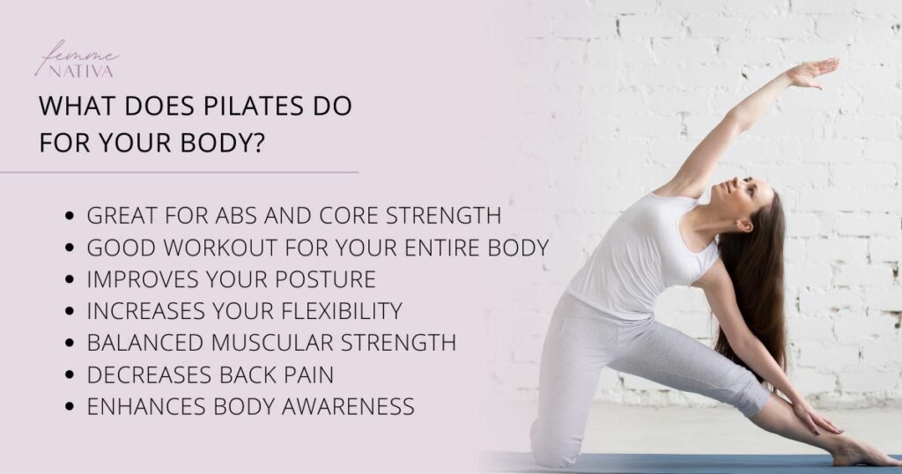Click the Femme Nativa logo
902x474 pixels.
point(76,60)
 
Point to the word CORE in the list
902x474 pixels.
point(363,216)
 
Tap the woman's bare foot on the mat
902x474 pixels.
point(859,452)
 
